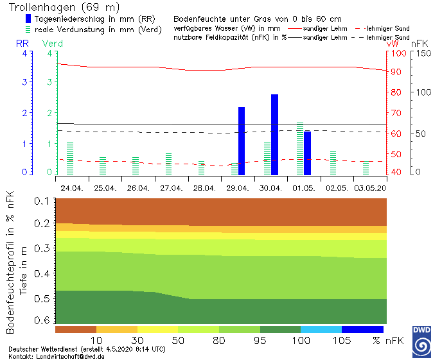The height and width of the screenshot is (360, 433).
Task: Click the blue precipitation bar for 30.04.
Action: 274,134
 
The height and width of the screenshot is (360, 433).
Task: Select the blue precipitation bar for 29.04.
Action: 242,141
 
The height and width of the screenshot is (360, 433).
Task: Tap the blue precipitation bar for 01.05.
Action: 307,153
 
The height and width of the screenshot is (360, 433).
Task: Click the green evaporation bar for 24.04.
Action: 70,158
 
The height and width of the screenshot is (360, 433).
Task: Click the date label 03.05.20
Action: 371,188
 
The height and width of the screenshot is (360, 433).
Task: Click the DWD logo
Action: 421,340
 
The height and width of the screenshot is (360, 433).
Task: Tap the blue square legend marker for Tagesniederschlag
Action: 28,19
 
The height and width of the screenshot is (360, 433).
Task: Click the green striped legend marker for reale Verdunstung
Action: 28,29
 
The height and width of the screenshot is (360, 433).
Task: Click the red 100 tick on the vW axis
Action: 399,53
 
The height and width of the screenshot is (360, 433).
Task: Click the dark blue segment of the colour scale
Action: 362,329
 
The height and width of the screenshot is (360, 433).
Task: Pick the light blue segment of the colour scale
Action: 321,329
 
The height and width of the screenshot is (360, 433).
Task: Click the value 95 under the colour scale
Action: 260,339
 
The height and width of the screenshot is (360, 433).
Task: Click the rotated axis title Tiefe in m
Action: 23,270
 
